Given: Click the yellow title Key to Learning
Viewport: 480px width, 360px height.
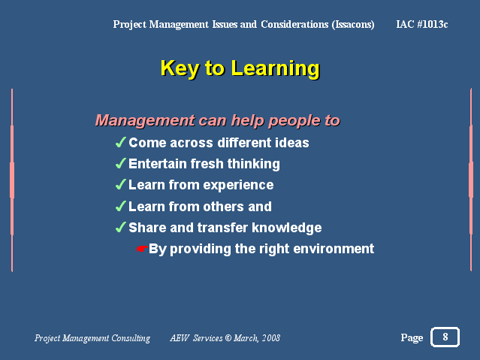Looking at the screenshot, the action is tap(240, 68).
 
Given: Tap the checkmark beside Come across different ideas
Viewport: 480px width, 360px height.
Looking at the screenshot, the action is tap(121, 142).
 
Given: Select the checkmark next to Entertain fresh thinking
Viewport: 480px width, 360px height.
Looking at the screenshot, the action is tap(121, 163).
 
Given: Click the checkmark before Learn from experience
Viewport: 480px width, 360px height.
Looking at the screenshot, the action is tap(121, 184).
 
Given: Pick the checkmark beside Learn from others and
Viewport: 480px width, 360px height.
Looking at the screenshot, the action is tap(121, 206).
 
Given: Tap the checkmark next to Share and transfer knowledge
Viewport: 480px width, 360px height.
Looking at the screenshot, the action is tap(121, 227).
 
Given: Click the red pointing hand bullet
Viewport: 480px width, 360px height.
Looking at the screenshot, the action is tap(142, 249).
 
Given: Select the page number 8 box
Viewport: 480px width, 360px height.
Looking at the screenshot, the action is tap(445, 337).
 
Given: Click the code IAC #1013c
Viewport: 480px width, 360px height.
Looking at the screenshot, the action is tap(422, 24).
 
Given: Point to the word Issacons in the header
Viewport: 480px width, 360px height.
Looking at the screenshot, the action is tap(353, 25).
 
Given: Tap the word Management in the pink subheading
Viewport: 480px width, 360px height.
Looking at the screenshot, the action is tap(145, 120).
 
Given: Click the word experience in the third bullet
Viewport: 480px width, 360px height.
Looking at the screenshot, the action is tap(238, 186).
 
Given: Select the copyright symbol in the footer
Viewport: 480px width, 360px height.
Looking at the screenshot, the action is tap(228, 338).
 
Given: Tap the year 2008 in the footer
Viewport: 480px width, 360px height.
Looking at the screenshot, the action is tap(271, 338).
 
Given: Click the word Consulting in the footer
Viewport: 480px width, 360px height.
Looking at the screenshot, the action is tap(131, 338).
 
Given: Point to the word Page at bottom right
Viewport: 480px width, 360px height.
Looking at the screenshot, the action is tap(412, 337).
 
